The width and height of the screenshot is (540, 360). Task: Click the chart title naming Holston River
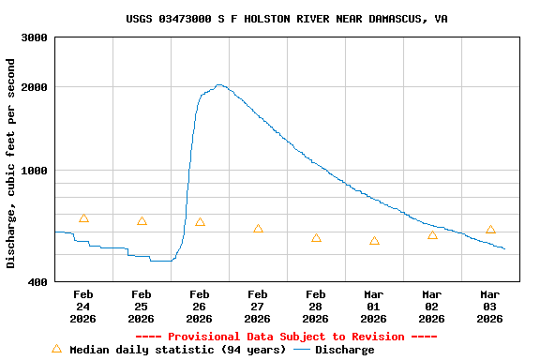pos(287,19)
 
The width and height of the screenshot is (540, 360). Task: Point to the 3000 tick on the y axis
pos(35,38)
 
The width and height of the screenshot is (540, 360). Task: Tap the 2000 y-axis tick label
pos(35,87)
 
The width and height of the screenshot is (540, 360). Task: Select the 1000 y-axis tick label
pos(35,171)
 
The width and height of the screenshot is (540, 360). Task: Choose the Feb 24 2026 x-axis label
pos(83,307)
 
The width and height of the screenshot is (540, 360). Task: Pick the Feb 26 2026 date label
pos(200,307)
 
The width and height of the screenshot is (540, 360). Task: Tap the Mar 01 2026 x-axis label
pos(374,307)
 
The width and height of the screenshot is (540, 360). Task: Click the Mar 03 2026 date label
pos(490,307)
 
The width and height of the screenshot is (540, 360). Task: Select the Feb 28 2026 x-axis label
pos(316,307)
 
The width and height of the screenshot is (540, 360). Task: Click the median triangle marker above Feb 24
pos(83,218)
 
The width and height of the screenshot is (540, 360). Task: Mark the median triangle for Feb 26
pos(200,222)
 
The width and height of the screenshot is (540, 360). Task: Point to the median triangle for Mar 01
pos(374,241)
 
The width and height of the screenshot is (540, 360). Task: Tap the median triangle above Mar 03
pos(490,230)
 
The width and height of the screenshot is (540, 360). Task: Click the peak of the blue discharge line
pos(219,85)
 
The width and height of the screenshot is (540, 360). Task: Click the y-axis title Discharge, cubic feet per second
pos(11,163)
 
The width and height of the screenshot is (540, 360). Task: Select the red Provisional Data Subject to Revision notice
pos(286,337)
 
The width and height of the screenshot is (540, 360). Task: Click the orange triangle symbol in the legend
pos(56,349)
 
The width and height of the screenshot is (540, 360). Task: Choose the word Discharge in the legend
pos(344,350)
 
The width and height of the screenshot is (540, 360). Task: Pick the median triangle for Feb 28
pos(316,238)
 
